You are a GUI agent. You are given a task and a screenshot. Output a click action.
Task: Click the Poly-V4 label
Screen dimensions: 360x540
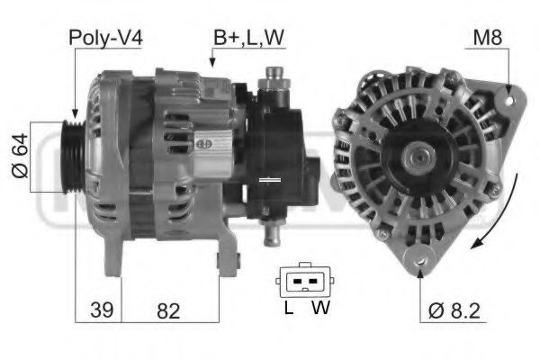point(105,37)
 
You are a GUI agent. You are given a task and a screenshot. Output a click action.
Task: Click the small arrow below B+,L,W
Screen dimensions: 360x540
point(212,61)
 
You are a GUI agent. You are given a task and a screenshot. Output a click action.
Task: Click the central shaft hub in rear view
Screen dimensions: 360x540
point(419,160)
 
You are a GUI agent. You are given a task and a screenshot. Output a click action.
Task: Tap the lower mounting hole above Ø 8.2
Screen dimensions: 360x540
point(420,261)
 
